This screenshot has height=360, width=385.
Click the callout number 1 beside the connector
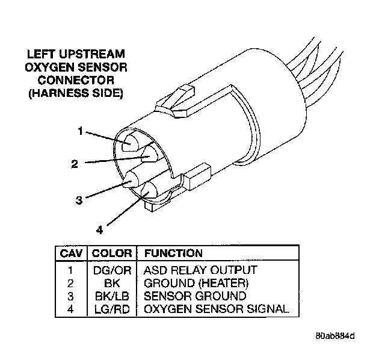[x=80, y=130]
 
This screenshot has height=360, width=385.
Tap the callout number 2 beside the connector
[x=74, y=164]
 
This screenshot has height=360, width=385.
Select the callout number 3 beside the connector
[x=79, y=200]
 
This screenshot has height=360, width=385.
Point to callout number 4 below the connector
[x=100, y=229]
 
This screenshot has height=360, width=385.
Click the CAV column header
[x=71, y=253]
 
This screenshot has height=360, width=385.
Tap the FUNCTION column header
[x=173, y=253]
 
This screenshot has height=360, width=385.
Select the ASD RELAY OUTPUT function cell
[x=200, y=270]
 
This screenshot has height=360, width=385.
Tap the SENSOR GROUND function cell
[x=195, y=296]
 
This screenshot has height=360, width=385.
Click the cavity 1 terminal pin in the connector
[x=132, y=143]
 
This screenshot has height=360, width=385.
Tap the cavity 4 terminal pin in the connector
[x=147, y=191]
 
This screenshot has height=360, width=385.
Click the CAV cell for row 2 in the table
[x=71, y=283]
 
